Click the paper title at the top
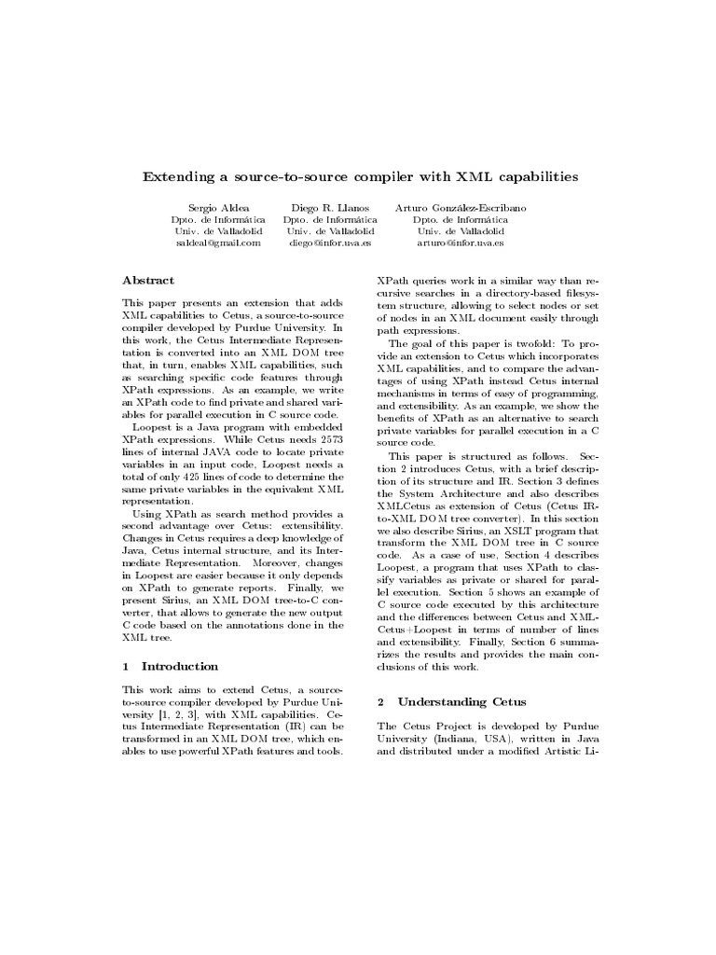pos(359,175)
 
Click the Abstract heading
pos(148,280)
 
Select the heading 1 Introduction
pos(171,667)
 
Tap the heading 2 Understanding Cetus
pos(451,701)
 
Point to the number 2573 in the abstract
pos(328,437)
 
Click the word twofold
pos(525,343)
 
